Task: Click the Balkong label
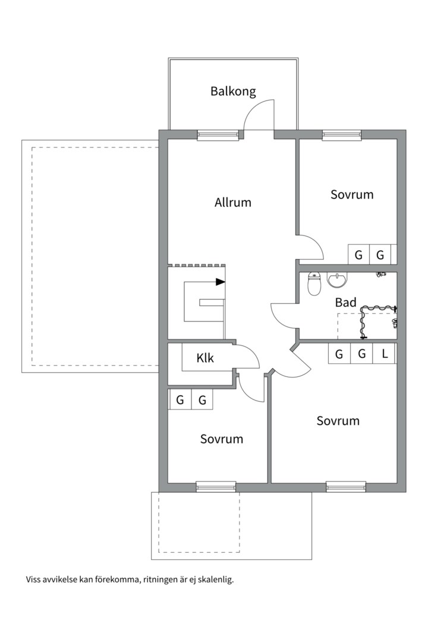pos(233,91)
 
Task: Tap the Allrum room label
pos(232,202)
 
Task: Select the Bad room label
pos(346,303)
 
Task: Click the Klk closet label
pos(204,358)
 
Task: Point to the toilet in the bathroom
pos(314,284)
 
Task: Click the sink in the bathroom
pos(337,279)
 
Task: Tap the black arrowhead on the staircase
pos(221,282)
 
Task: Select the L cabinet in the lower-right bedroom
pos(385,353)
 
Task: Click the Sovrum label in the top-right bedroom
pos(352,194)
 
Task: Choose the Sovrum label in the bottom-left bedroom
pos(222,439)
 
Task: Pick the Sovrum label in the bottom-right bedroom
pos(338,420)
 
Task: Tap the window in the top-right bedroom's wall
pos(342,135)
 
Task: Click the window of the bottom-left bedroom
pos(216,486)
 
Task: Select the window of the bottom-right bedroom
pos(346,486)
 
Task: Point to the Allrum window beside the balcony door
pos(218,135)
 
